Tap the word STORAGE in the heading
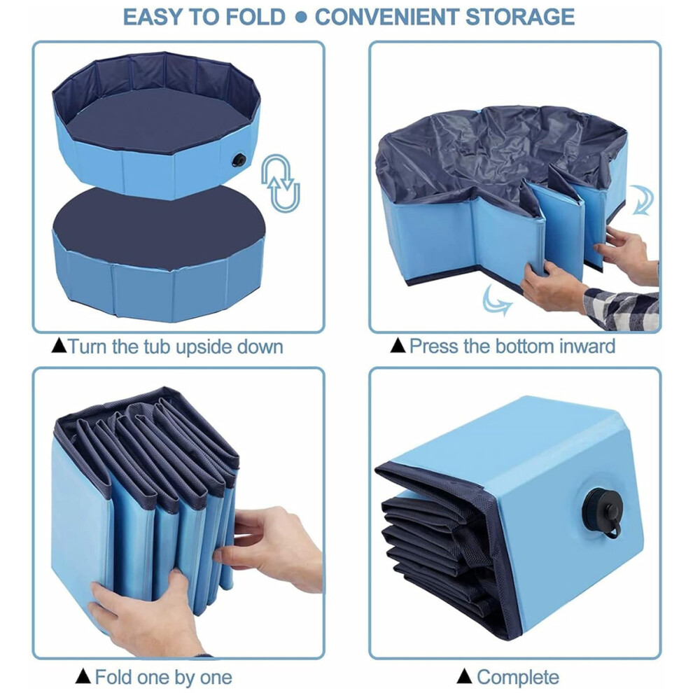tap(519, 17)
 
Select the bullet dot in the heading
tap(300, 17)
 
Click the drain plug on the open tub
tap(239, 160)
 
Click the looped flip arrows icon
tap(280, 183)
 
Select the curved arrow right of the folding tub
tap(642, 199)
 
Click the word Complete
tap(517, 677)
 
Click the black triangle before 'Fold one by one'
tap(83, 675)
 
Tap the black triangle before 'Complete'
tap(464, 675)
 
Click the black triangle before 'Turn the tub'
tap(59, 345)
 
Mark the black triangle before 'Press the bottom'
tap(398, 345)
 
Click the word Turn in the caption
tap(87, 346)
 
